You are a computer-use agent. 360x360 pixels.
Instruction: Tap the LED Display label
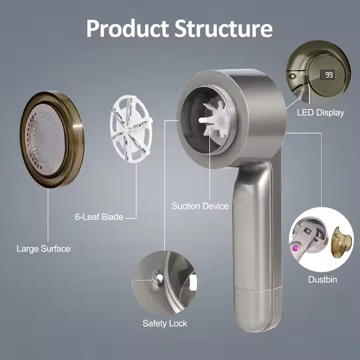click(320, 112)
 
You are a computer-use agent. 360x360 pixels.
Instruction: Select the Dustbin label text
click(322, 279)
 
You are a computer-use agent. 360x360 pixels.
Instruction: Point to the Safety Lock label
click(164, 323)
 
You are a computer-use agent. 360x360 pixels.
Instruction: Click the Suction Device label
click(200, 206)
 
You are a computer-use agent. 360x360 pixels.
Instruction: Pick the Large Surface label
click(43, 248)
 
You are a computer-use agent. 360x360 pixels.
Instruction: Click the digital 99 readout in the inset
click(329, 75)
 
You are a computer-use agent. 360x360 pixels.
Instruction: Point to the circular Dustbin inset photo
click(320, 240)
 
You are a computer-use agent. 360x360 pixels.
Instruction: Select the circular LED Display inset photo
click(315, 72)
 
